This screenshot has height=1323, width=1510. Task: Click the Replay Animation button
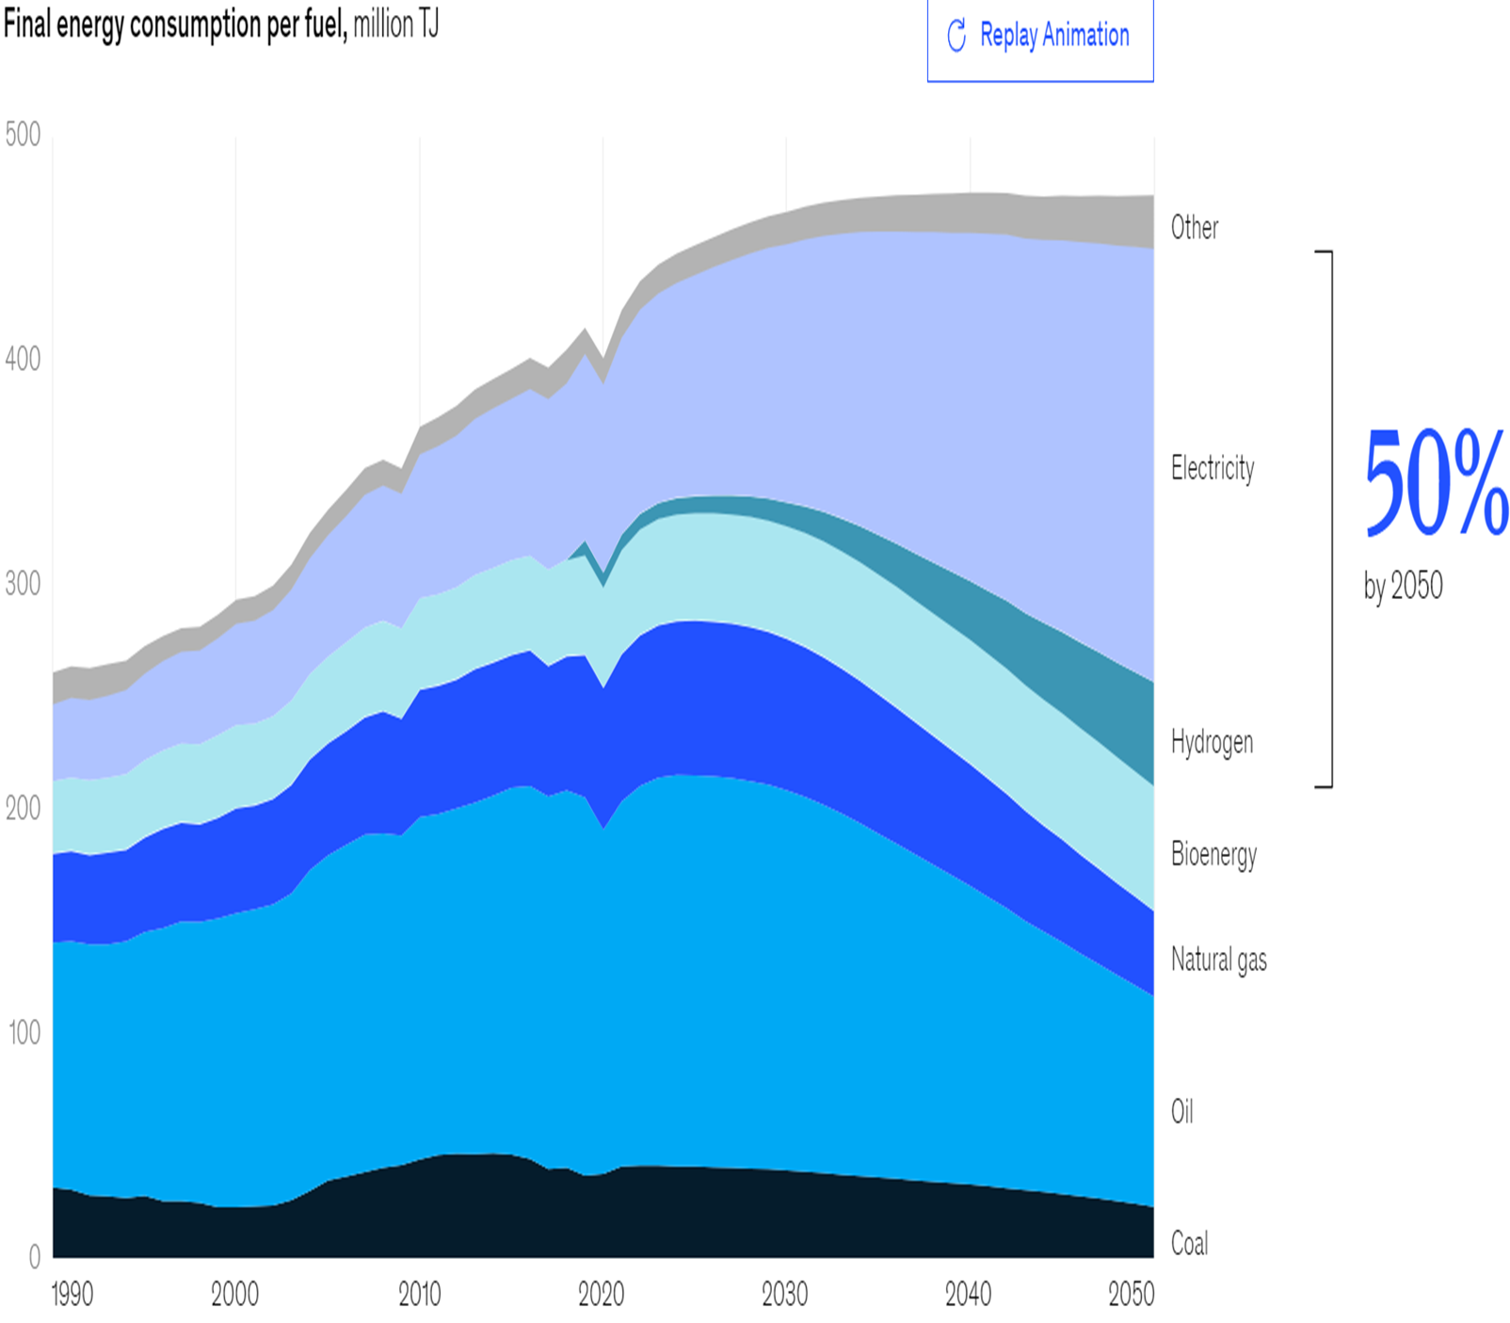1039,37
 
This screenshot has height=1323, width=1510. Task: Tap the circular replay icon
956,36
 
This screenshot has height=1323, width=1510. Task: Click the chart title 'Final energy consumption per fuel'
175,24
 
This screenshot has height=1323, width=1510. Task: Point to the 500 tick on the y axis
23,135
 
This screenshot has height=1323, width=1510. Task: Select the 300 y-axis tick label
23,584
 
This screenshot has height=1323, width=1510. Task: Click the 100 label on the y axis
24,1033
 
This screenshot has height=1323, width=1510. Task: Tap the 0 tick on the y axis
35,1256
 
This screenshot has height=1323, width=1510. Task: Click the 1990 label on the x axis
72,1295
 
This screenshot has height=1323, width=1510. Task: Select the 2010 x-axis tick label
419,1295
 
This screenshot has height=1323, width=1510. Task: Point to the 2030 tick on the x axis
784,1295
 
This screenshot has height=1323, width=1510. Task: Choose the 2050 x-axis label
1131,1295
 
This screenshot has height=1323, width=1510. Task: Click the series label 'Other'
1194,228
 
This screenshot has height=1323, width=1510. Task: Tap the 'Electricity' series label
1213,468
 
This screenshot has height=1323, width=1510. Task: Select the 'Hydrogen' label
1212,743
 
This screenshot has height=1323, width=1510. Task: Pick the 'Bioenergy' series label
1213,855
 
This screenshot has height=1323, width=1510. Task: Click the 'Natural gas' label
1218,960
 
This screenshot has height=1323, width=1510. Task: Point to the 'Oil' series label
1181,1112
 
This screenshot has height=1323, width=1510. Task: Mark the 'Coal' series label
1189,1244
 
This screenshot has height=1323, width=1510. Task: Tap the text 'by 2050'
1403,587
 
